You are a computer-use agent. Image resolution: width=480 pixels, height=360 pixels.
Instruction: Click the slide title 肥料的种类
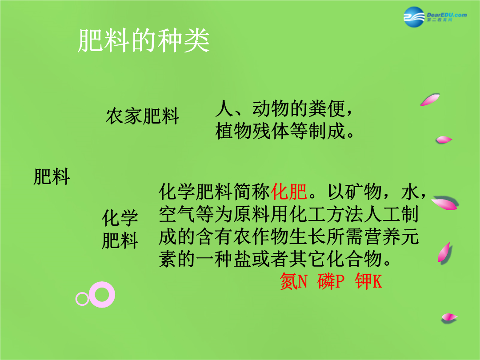(143, 41)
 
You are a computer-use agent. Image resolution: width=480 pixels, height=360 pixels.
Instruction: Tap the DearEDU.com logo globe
(414, 17)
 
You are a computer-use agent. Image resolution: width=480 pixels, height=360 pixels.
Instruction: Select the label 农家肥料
(142, 116)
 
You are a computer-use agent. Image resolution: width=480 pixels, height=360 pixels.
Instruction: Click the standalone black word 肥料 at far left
(52, 176)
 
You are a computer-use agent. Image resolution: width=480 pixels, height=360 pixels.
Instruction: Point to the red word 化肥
(288, 192)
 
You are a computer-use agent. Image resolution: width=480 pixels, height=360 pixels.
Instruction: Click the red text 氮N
(294, 281)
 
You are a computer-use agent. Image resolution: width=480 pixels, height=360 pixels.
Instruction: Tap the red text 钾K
(368, 281)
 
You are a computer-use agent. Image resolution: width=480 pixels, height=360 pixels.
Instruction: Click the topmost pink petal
(430, 100)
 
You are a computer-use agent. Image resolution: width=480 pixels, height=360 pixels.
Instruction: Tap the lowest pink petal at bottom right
(449, 318)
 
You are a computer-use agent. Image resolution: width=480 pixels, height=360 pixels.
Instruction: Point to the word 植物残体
(252, 131)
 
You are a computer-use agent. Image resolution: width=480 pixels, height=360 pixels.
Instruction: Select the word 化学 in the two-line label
(120, 218)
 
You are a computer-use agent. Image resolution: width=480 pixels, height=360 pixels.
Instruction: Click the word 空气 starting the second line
(177, 214)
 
